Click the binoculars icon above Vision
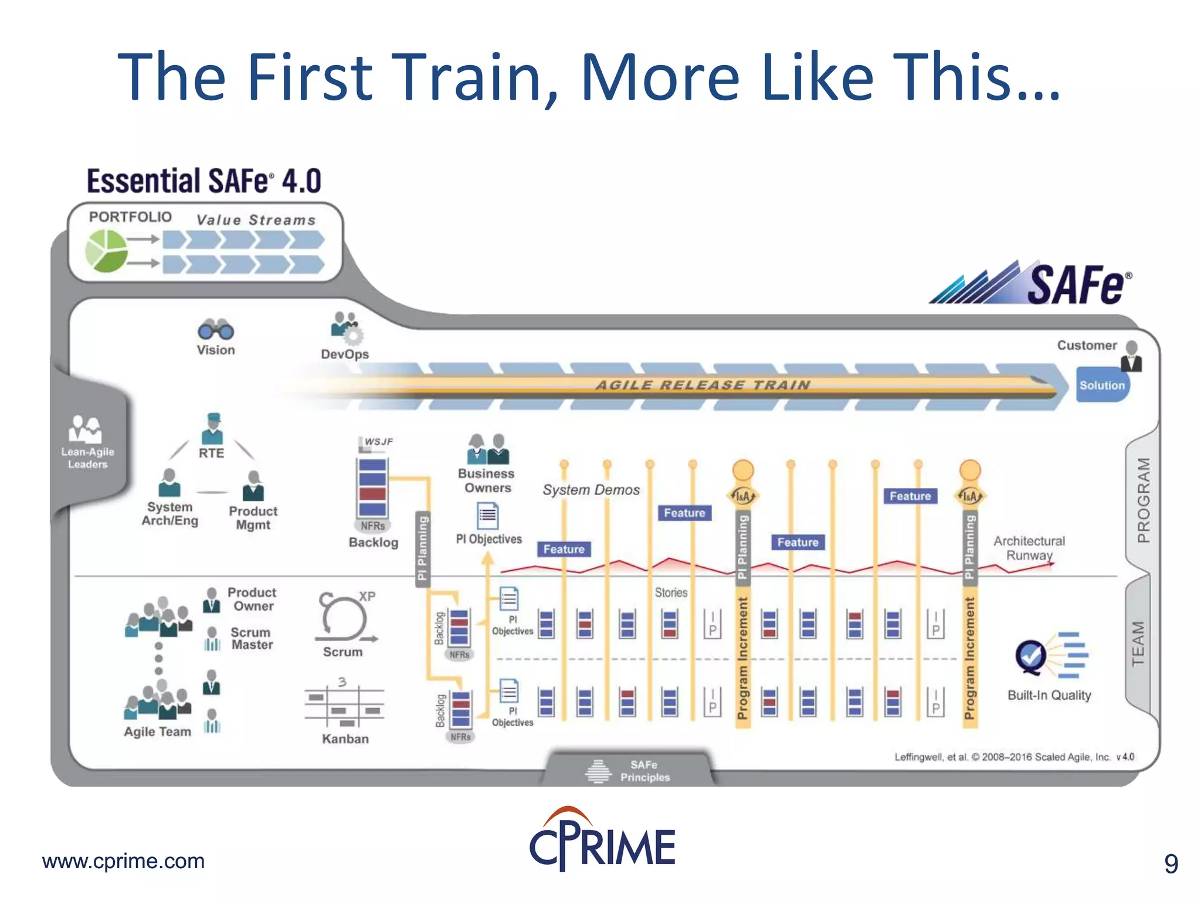[x=215, y=330]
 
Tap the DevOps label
[x=345, y=354]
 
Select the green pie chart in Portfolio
[x=106, y=250]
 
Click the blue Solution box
[x=1102, y=385]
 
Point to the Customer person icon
[x=1131, y=357]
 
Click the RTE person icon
[x=212, y=429]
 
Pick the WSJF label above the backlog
[x=378, y=442]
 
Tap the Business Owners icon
[x=488, y=449]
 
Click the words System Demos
[x=591, y=490]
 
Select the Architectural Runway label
[x=1029, y=548]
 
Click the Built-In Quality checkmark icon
[x=1031, y=656]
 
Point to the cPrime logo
[x=602, y=840]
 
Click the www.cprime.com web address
[x=123, y=861]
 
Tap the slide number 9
[x=1171, y=863]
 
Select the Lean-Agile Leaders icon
[x=86, y=429]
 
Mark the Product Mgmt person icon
[x=253, y=485]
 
